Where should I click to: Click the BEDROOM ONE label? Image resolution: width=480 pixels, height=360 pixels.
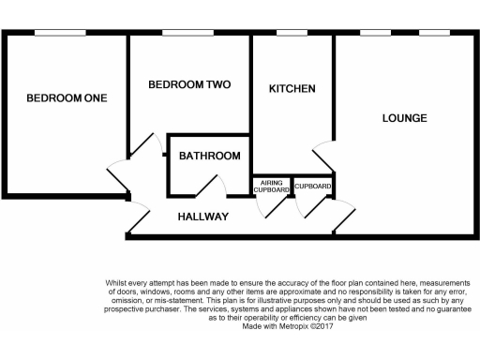(66, 98)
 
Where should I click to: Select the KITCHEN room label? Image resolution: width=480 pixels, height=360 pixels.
(292, 89)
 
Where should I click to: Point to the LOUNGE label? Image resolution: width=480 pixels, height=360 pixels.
(404, 118)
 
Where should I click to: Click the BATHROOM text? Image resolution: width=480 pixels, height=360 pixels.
(209, 156)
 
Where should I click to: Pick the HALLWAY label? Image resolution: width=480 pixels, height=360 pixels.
(203, 217)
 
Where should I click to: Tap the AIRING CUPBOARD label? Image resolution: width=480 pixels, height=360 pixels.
(271, 186)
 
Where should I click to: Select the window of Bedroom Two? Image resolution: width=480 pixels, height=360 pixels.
(187, 34)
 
